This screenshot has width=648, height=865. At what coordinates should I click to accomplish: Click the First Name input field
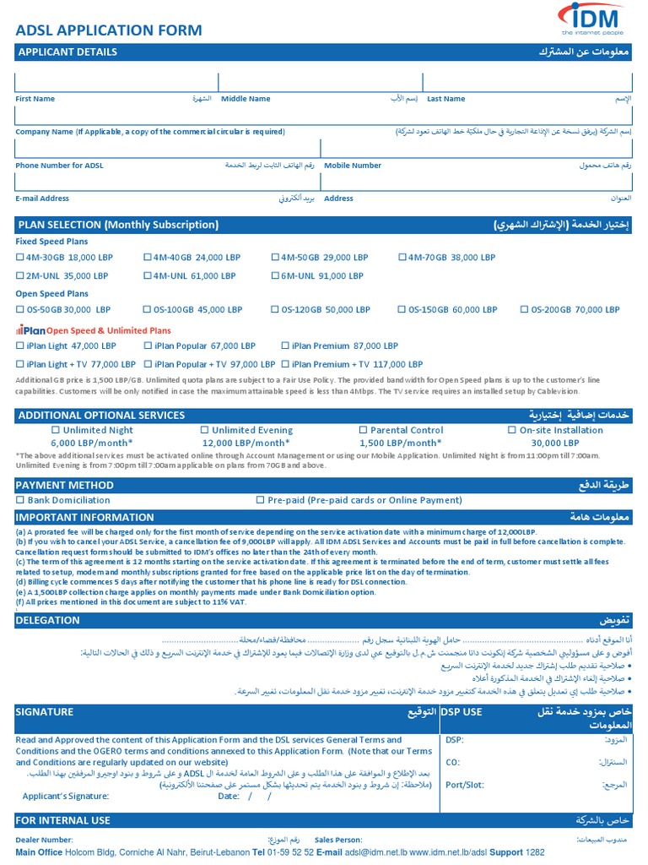click(116, 82)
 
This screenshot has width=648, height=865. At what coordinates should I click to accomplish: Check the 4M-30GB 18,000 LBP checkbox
click(21, 258)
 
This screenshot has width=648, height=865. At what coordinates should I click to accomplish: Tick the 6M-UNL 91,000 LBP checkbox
click(275, 276)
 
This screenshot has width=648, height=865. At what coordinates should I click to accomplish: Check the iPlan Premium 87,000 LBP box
click(285, 346)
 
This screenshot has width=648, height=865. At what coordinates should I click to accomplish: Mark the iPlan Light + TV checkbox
click(21, 365)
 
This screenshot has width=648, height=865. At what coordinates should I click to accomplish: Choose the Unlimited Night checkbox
click(56, 430)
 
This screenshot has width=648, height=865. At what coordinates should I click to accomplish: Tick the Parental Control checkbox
click(363, 430)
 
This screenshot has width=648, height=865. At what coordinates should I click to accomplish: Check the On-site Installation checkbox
click(512, 430)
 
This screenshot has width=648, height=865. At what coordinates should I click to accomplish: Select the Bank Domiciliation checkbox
click(21, 500)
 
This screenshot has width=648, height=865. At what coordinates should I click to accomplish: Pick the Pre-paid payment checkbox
click(260, 500)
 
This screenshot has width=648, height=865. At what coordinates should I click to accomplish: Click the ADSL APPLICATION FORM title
click(109, 30)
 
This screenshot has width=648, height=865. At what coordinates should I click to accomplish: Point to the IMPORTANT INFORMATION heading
click(84, 518)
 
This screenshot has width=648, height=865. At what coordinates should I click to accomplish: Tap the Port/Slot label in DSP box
click(464, 785)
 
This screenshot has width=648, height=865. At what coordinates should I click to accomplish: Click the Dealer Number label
click(44, 841)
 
